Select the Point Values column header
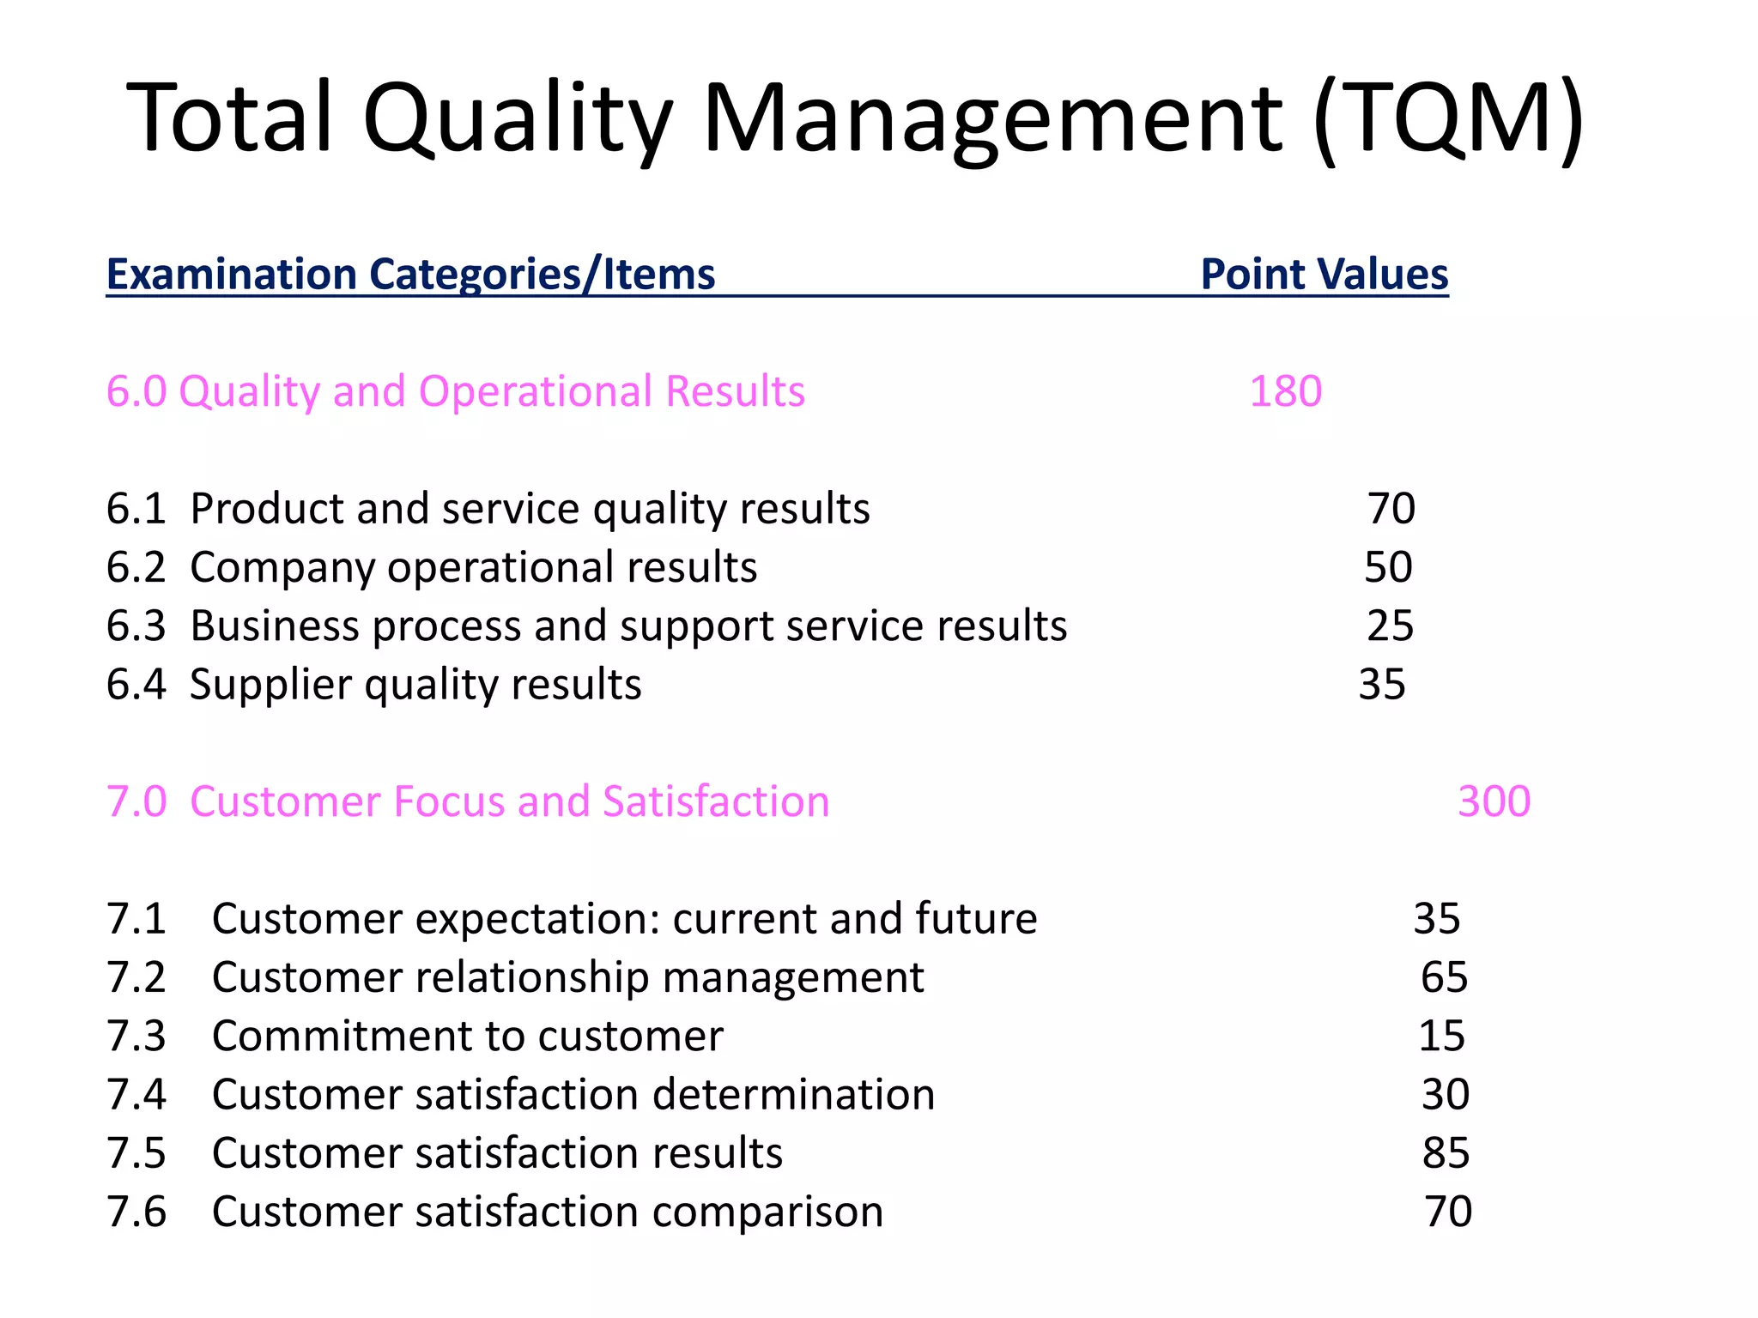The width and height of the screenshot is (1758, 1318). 1324,275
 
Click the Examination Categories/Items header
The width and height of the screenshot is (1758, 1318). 410,275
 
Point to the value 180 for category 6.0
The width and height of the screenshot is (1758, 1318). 1285,391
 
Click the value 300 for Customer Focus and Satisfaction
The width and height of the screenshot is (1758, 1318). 1494,801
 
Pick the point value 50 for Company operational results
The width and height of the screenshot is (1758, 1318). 1388,567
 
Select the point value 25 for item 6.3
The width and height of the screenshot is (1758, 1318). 1390,626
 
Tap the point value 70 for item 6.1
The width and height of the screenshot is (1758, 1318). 1391,509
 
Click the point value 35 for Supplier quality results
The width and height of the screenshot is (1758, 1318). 1382,685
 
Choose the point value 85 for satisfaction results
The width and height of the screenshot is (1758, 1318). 1446,1153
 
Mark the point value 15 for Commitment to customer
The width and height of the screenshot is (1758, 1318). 1441,1036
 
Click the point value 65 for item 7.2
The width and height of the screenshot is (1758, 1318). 1444,977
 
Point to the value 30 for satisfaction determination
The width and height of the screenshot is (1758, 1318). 1446,1095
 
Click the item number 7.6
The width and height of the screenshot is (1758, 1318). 136,1212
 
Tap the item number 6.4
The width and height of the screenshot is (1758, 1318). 136,685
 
